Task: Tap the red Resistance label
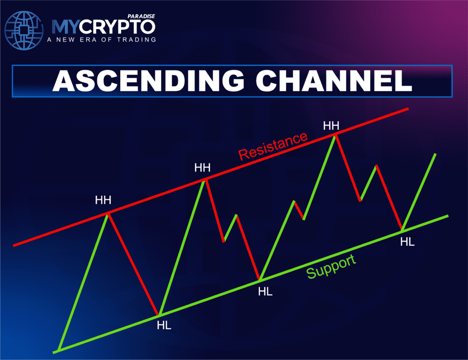click(273, 146)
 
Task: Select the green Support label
click(331, 267)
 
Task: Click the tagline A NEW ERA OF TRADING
click(101, 39)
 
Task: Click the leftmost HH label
click(103, 200)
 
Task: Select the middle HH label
click(202, 168)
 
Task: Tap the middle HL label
click(266, 291)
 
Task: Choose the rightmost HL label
click(407, 242)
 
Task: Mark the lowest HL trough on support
click(158, 315)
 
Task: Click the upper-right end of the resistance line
click(407, 109)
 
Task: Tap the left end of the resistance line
click(15, 245)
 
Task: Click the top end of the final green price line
click(435, 155)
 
